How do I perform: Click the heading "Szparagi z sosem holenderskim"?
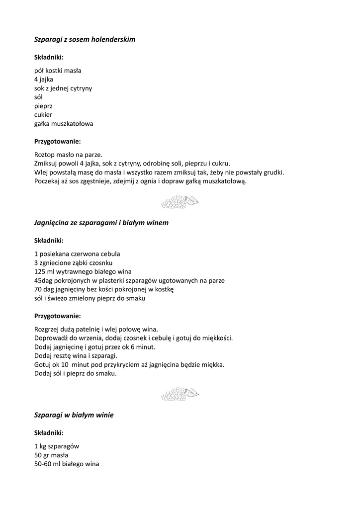coord(85,39)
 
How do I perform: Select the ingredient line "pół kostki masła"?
coord(58,70)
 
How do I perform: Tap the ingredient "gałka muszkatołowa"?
coord(64,124)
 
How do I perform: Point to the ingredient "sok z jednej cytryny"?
coord(63,88)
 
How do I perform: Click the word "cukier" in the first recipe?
coord(43,115)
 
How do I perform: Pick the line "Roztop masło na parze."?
coord(68,154)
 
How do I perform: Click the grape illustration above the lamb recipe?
coord(180,201)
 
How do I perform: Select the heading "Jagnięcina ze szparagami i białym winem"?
coord(101,223)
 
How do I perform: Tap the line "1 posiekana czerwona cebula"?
coord(77,254)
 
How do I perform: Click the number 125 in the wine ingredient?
coord(40,271)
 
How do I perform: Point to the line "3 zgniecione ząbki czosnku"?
coord(73,262)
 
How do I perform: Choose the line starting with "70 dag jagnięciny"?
coord(104,289)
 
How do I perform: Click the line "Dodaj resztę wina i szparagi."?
coord(76,356)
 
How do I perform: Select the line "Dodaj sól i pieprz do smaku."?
coord(76,374)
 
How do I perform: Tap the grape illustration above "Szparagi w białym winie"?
coord(180,394)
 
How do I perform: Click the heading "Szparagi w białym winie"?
coord(74,415)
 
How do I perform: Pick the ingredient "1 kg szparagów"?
coord(57,446)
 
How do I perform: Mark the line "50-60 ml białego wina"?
coord(67,464)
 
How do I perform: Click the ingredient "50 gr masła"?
coord(51,455)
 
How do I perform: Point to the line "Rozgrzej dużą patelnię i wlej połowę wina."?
coord(96,329)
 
